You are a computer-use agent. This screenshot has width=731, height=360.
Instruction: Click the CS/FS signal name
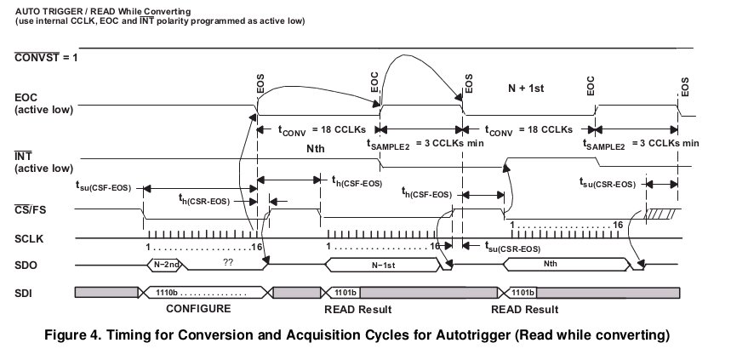[31, 210]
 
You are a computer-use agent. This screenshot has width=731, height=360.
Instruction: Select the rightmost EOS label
[683, 86]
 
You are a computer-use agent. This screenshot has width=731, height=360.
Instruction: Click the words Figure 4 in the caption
[78, 334]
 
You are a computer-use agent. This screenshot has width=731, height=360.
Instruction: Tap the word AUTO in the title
[30, 8]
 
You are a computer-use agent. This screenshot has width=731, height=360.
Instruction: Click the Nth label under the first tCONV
[317, 149]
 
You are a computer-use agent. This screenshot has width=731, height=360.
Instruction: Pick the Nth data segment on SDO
[553, 265]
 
